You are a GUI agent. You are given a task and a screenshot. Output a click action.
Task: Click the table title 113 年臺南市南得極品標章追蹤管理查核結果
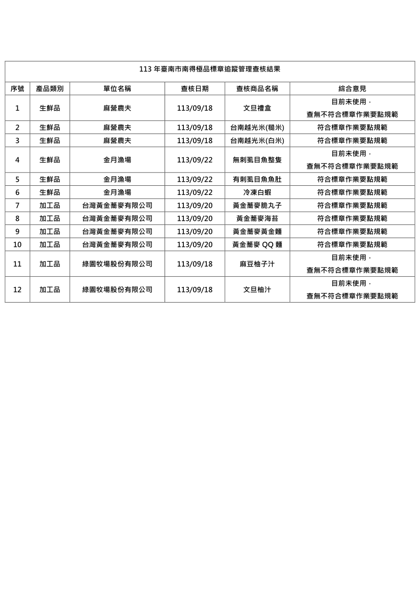(210, 69)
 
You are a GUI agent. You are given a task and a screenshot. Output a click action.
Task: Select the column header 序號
(17, 88)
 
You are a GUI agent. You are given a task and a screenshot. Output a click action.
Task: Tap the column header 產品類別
(50, 88)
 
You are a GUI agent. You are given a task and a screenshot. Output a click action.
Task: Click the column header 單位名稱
(117, 88)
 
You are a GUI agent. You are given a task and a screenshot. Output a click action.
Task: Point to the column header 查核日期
(195, 88)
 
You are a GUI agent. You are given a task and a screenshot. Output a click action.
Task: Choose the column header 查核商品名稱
(257, 88)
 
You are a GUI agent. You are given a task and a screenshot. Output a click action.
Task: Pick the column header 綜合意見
(352, 88)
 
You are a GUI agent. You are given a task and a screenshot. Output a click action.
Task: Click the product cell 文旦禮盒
(257, 108)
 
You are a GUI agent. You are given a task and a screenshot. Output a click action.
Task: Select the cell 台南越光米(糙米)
(257, 127)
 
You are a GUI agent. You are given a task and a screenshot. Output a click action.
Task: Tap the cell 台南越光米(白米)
(257, 141)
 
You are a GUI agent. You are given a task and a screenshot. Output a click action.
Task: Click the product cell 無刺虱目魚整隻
(257, 160)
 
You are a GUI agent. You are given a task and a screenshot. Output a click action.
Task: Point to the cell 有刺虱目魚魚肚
(257, 179)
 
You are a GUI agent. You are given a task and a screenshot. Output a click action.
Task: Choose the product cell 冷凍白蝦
(257, 192)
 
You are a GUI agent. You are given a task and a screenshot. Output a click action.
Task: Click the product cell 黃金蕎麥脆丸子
(257, 206)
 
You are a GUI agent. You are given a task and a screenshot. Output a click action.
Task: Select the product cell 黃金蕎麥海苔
(257, 218)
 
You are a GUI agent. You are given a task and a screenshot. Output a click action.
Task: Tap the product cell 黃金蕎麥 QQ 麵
(257, 244)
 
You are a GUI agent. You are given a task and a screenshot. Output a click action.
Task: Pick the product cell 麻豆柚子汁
(257, 264)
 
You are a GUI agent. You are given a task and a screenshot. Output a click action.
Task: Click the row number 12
(17, 289)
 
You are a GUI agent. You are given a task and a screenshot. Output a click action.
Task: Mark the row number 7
(17, 206)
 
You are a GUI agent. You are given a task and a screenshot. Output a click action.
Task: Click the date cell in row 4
(195, 160)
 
